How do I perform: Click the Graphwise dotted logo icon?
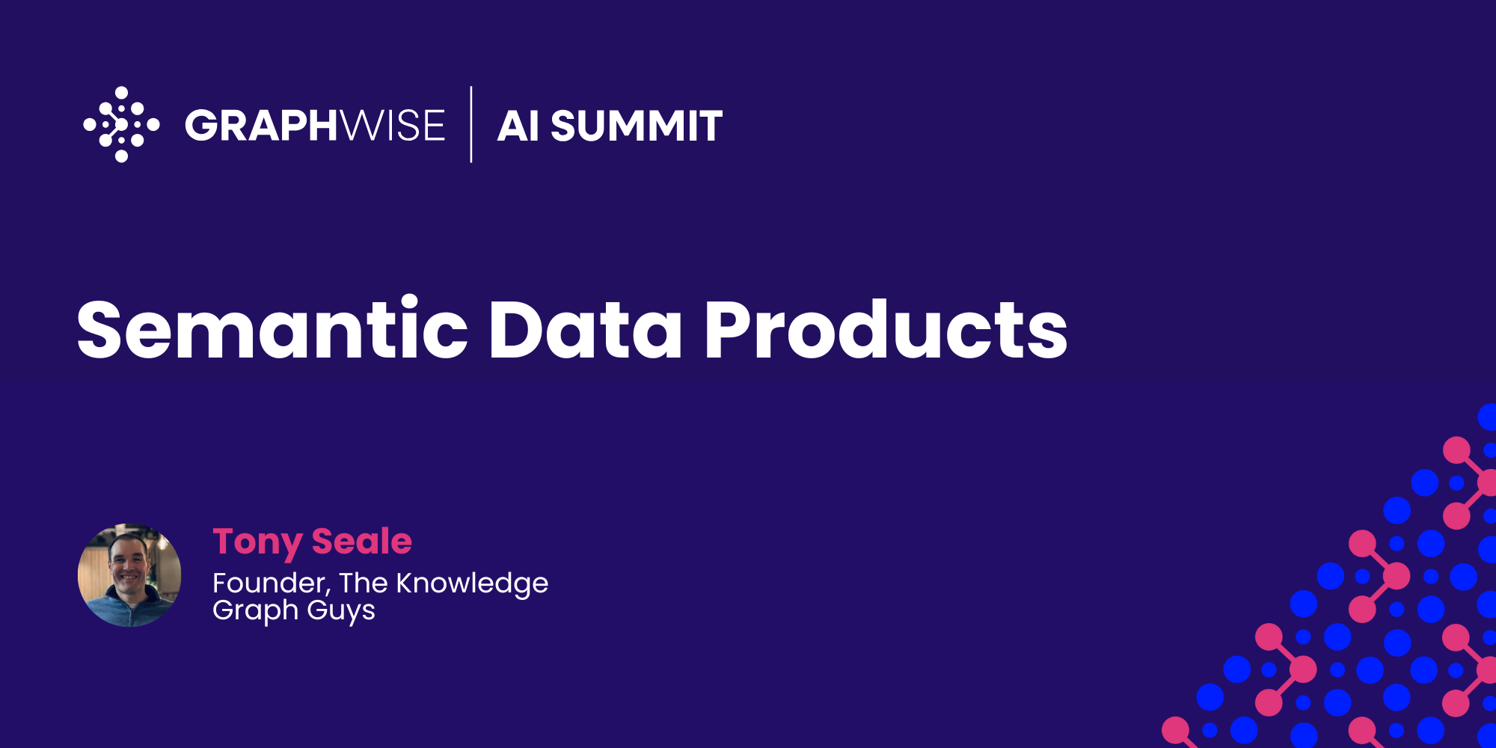tap(121, 124)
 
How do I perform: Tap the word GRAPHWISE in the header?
tap(314, 125)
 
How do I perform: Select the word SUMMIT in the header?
tap(637, 126)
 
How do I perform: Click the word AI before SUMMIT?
tap(518, 126)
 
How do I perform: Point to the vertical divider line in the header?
tap(471, 124)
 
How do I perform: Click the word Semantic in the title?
tap(272, 330)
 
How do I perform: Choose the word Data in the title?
tap(585, 330)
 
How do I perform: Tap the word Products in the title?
tap(886, 330)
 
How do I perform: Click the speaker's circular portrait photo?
tap(129, 575)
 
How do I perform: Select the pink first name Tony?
tap(257, 542)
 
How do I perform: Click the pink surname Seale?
tap(361, 542)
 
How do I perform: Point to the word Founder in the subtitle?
tap(271, 583)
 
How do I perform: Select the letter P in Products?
tap(728, 330)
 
